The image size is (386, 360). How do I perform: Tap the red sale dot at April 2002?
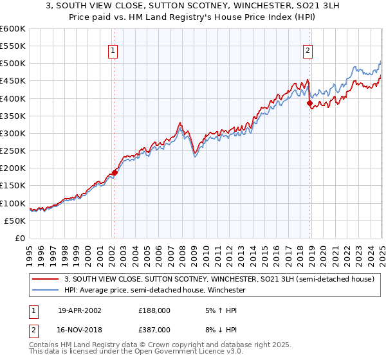(x=115, y=172)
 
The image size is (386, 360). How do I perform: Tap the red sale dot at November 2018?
(x=309, y=103)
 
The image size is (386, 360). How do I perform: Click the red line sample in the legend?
(x=46, y=279)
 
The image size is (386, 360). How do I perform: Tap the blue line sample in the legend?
(x=46, y=290)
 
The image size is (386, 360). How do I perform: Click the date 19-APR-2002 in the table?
(x=79, y=310)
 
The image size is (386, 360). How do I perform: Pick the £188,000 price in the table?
(x=154, y=310)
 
